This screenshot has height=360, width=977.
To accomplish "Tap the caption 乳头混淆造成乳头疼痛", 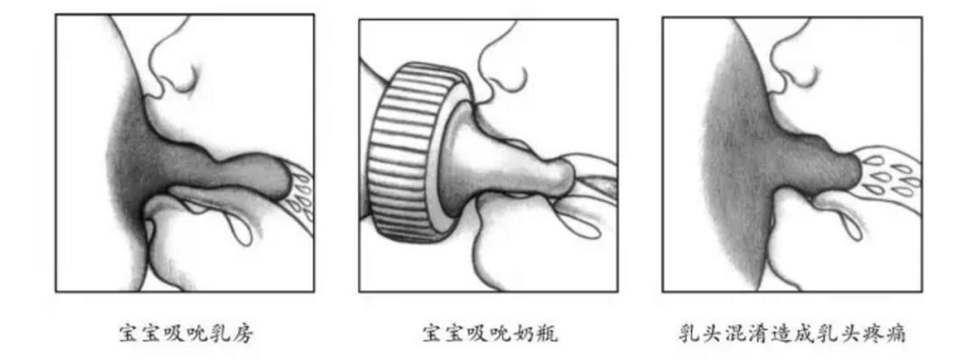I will [793, 334].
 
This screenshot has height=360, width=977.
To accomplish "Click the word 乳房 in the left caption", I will [232, 334].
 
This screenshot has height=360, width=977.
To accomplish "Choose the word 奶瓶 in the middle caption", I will [536, 334].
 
